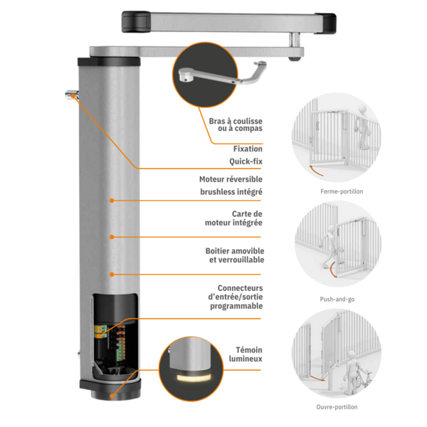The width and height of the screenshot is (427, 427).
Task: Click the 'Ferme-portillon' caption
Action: coord(342,191)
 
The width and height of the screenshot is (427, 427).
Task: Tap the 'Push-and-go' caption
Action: coord(337,300)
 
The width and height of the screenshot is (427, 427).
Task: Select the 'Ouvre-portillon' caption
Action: coord(337,407)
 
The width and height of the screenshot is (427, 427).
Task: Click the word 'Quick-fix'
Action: coord(246,162)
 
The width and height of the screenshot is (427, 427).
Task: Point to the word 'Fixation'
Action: coord(248,149)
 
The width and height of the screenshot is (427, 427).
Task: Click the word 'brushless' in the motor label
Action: coord(217,191)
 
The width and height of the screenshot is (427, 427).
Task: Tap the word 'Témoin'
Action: coord(249,350)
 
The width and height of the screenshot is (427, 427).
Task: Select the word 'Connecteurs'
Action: coord(241,288)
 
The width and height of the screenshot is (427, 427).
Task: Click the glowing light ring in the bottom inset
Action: coord(194,377)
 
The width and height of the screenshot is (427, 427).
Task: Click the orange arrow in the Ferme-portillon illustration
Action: coord(315,171)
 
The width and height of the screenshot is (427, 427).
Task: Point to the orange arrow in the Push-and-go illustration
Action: coord(332,270)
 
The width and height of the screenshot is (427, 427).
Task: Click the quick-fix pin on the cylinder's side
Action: coord(72,95)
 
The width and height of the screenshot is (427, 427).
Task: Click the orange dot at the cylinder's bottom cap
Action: coord(112,396)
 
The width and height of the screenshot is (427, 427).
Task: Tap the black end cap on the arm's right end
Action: coord(326,23)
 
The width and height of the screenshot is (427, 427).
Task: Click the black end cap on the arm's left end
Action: coord(136,22)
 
